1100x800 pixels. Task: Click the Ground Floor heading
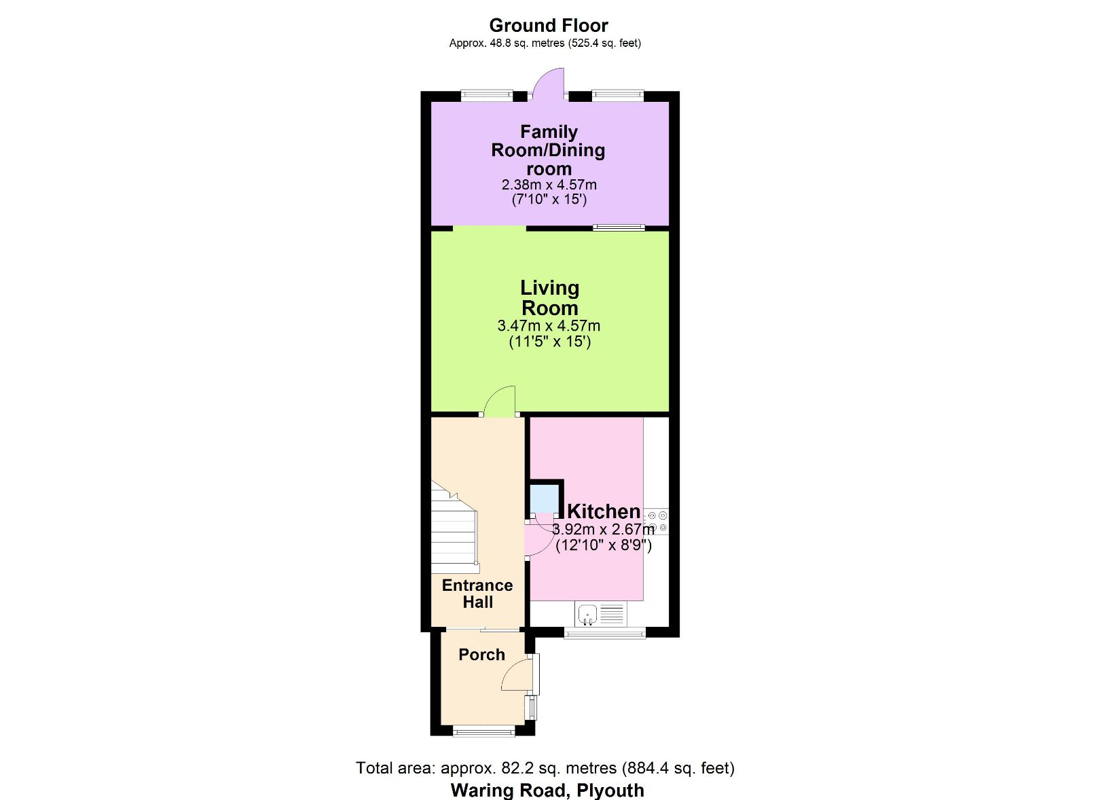coord(548,26)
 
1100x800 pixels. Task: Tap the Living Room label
coord(549,297)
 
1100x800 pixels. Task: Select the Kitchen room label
coord(603,511)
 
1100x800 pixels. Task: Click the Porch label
coord(481,655)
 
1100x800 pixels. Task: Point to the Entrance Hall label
coord(477,594)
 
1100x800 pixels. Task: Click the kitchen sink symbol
coord(587,615)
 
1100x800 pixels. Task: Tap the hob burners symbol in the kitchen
coord(657,521)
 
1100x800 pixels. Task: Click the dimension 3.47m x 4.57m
coord(549,326)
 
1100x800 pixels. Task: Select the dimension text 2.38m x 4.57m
coord(549,185)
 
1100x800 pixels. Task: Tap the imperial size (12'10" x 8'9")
coord(603,545)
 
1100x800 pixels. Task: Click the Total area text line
coord(545,768)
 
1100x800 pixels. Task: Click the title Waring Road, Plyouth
coord(547,790)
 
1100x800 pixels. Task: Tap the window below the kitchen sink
coord(604,634)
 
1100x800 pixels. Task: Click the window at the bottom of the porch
coord(483,731)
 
